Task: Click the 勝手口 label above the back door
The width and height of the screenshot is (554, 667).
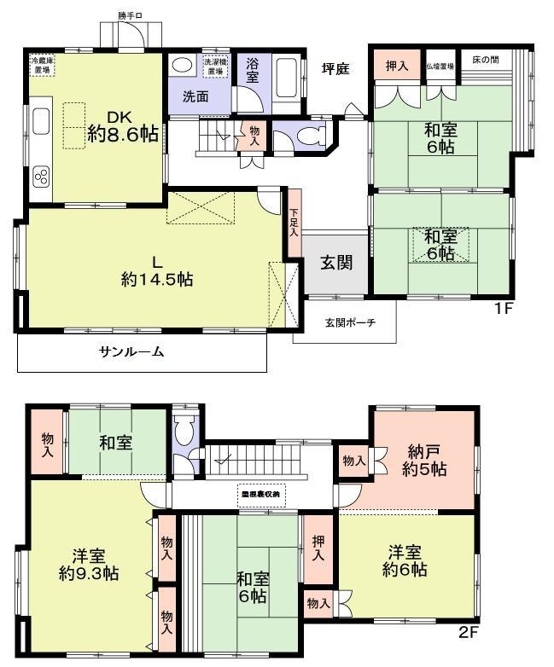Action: [x=131, y=15]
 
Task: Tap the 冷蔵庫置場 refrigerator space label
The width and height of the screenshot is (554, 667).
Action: [x=44, y=67]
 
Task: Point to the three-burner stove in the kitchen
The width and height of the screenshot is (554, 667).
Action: [x=40, y=177]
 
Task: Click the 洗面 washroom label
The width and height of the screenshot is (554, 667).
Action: [x=195, y=96]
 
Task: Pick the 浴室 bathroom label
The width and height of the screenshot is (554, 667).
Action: [x=254, y=69]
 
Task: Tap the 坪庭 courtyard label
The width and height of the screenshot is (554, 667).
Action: [x=335, y=69]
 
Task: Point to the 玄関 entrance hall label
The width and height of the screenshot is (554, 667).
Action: [x=334, y=263]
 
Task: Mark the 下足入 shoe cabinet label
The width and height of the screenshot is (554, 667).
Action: [x=294, y=223]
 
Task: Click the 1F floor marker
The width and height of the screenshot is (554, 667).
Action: [x=502, y=309]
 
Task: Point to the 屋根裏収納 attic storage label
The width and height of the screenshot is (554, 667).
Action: [x=260, y=494]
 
